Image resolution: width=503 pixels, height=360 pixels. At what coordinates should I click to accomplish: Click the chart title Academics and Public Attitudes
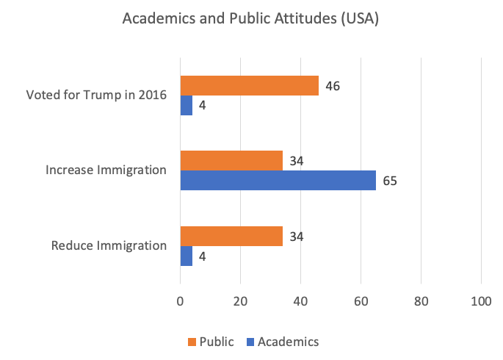[x=251, y=20]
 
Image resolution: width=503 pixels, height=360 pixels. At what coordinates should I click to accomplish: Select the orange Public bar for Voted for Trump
[x=249, y=86]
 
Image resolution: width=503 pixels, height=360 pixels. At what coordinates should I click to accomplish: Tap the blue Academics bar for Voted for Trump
[x=186, y=106]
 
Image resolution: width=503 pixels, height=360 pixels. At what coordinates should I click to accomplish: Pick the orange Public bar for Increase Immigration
[x=231, y=160]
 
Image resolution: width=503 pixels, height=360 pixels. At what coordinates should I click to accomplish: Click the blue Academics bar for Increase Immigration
[x=278, y=181]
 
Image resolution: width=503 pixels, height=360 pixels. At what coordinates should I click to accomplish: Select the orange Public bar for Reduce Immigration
[x=231, y=236]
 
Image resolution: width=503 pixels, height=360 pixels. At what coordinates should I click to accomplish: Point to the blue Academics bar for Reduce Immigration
[x=186, y=256]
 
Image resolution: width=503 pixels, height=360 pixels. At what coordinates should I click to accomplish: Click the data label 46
[x=332, y=86]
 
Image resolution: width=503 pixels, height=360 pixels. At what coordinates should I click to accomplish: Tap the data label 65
[x=389, y=181]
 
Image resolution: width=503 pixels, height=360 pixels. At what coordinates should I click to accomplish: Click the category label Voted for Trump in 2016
[x=96, y=96]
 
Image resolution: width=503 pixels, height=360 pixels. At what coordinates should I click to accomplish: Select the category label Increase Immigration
[x=106, y=170]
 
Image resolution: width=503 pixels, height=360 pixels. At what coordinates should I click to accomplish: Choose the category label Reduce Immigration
[x=109, y=245]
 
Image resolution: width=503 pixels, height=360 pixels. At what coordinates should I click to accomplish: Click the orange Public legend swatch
[x=192, y=342]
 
